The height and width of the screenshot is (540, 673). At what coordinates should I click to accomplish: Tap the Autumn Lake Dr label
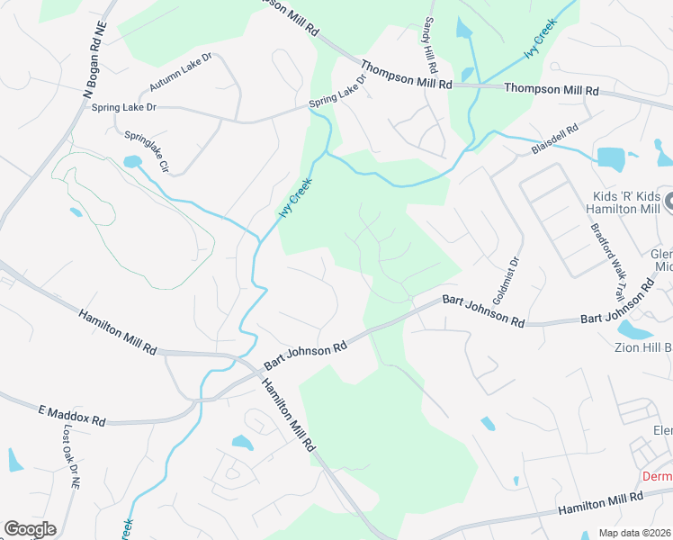[x=180, y=71]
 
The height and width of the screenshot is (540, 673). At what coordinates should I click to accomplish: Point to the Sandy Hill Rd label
[x=430, y=44]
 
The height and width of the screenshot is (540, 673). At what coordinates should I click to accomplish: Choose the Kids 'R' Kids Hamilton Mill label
[x=627, y=202]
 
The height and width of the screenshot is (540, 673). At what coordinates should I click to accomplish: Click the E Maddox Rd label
[x=72, y=415]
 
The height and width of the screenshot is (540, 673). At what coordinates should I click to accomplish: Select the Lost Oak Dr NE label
[x=71, y=458]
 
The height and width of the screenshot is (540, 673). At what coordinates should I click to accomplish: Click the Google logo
[x=30, y=529]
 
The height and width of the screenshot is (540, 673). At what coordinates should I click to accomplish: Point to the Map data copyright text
[x=635, y=533]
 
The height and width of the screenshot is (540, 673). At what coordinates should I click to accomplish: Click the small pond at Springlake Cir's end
[x=132, y=162]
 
